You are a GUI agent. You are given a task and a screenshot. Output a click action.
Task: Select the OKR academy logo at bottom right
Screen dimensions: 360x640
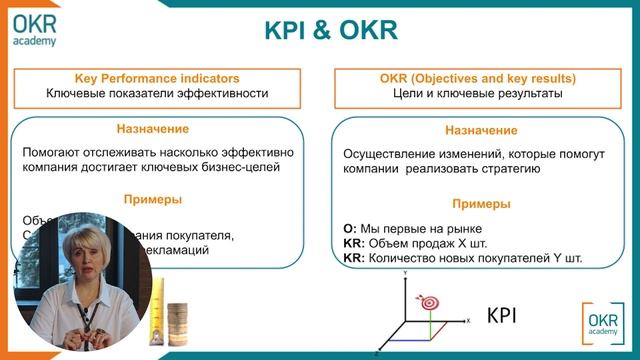point(603,323)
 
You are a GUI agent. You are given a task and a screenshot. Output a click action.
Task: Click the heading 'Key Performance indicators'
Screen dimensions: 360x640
point(157,77)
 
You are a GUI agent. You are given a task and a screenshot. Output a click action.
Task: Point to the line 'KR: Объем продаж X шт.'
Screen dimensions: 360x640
point(412,242)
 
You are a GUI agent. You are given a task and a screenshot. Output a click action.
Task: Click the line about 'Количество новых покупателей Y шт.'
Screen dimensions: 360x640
point(463,257)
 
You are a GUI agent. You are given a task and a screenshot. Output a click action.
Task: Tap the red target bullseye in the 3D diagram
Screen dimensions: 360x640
point(431,299)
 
